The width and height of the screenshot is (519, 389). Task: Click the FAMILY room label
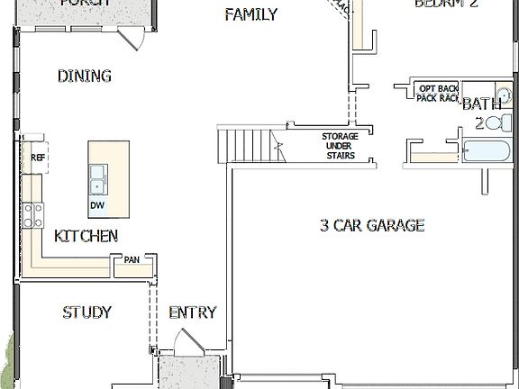(x=250, y=14)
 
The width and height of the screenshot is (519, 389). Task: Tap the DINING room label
(x=84, y=77)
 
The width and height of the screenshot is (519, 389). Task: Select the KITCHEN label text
(x=86, y=236)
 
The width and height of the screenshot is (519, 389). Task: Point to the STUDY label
(x=86, y=312)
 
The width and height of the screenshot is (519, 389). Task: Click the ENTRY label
(x=193, y=312)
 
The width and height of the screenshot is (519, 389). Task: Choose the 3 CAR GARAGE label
(x=371, y=225)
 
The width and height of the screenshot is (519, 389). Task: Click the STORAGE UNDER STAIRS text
(x=340, y=146)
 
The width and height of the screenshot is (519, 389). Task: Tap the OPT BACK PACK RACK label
(x=438, y=92)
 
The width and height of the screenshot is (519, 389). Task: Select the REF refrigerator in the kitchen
(x=37, y=158)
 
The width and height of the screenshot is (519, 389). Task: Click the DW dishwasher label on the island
(x=96, y=205)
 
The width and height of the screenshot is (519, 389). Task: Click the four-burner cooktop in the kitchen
(x=33, y=214)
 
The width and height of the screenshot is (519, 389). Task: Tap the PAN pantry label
(x=132, y=261)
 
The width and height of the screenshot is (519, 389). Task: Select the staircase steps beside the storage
(x=243, y=144)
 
